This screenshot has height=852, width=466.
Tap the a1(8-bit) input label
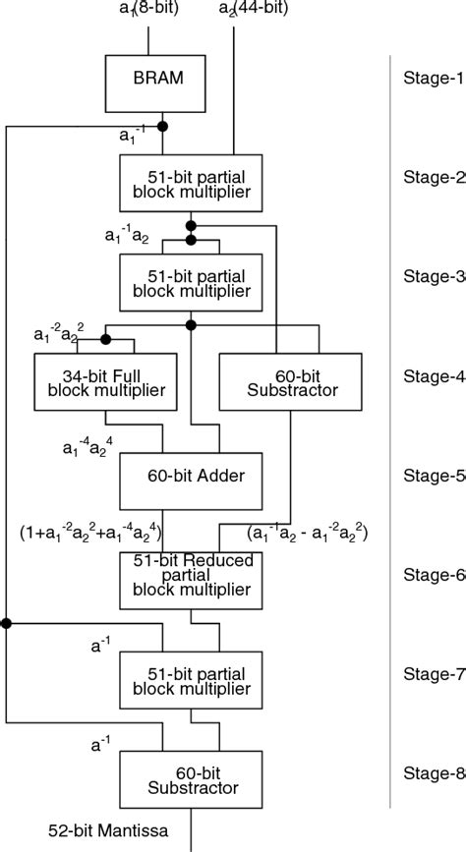(148, 10)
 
